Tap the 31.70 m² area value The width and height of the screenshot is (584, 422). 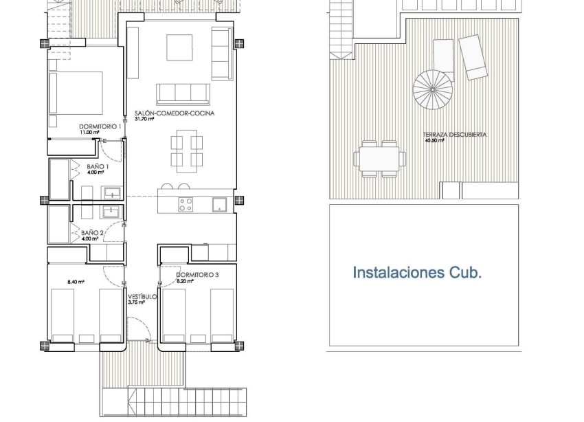point(144,118)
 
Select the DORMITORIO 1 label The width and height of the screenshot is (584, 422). point(100,126)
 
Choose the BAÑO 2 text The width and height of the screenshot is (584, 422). point(92,233)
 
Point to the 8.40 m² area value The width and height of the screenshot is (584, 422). point(76,281)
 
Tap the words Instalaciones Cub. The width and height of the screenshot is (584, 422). point(417,273)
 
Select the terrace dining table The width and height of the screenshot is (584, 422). point(377,159)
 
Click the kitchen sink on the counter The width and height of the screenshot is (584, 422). point(221,203)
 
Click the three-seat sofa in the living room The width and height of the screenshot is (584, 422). point(184,93)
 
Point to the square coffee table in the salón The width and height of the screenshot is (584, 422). point(182,47)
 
